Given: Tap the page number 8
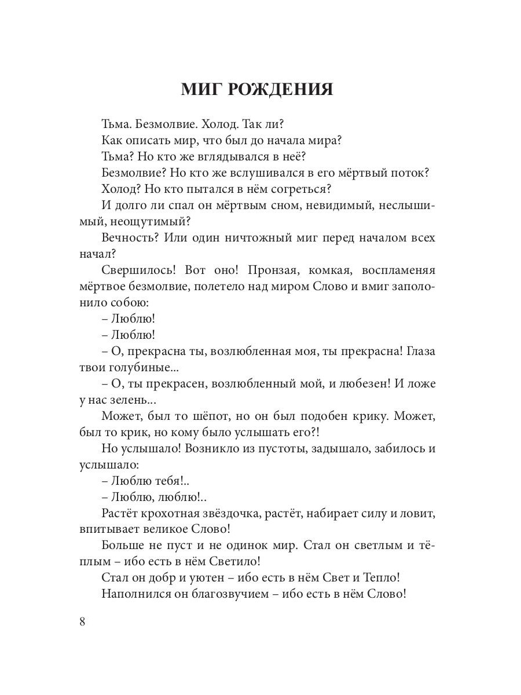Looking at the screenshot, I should [x=82, y=621].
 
